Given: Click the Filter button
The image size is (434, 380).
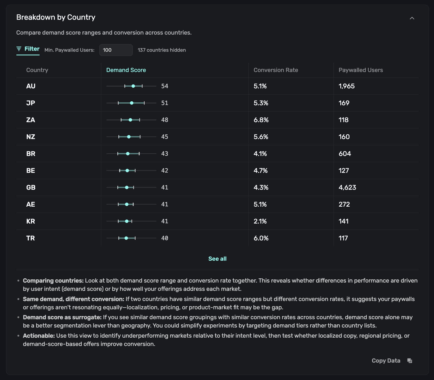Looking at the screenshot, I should (x=28, y=49).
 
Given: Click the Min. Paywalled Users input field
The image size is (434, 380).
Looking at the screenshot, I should (x=116, y=50).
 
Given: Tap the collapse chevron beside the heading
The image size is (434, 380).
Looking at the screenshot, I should (x=412, y=18).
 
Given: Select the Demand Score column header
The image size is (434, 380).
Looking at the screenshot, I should (x=126, y=70).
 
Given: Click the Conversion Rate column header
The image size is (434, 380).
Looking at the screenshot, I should (x=276, y=70).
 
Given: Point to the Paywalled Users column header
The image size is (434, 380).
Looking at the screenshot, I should (x=361, y=70).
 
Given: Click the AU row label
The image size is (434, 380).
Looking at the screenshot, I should (x=31, y=86).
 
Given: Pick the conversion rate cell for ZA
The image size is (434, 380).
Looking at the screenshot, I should (x=261, y=120).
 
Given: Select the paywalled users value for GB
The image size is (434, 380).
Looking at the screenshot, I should (x=347, y=187).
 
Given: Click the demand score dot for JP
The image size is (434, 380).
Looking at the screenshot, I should (x=132, y=103).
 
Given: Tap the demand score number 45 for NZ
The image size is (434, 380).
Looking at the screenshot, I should (x=164, y=137).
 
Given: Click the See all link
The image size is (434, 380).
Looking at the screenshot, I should (x=217, y=259).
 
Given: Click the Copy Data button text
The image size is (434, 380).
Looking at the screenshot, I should (x=386, y=361).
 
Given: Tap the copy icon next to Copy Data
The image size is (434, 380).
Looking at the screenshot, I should (x=410, y=361).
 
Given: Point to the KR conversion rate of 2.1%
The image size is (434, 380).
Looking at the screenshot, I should (x=260, y=221).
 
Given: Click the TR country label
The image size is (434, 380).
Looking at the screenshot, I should (x=30, y=238).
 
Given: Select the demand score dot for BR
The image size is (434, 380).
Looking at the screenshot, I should (x=128, y=154).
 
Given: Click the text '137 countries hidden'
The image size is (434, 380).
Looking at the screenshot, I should (x=162, y=50).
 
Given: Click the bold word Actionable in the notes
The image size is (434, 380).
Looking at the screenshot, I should (x=39, y=336).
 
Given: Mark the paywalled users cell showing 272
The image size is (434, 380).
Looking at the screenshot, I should (x=344, y=204).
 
